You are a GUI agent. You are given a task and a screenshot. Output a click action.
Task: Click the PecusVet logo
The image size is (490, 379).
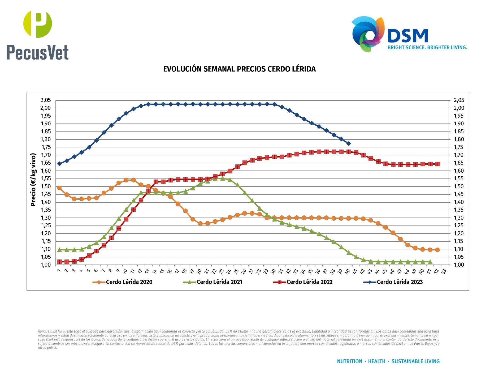38,35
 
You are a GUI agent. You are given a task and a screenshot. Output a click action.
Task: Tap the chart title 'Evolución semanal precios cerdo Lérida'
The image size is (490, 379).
239,69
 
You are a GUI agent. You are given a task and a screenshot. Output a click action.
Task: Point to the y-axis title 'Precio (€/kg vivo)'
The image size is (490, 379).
33,180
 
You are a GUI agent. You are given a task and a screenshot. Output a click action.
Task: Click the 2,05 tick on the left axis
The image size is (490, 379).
45,100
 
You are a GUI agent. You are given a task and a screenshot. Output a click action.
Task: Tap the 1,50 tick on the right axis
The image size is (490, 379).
459,186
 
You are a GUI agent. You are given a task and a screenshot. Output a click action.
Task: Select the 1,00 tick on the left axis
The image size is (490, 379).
45,265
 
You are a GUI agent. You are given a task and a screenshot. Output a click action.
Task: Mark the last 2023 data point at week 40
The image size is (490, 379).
349,144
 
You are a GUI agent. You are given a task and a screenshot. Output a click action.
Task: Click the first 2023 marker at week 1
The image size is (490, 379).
59,164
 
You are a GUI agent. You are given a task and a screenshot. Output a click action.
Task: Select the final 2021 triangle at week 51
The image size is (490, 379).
430,262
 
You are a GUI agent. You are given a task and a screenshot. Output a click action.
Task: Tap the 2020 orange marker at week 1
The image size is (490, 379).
59,188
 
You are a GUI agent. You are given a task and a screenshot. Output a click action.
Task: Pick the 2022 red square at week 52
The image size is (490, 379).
437,164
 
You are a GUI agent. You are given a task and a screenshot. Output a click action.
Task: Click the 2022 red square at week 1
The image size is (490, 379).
59,262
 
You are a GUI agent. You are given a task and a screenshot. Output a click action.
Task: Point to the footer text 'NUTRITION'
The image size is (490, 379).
349,361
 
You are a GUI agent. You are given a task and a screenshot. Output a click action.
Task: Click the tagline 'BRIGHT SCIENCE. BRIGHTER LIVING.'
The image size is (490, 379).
427,48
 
